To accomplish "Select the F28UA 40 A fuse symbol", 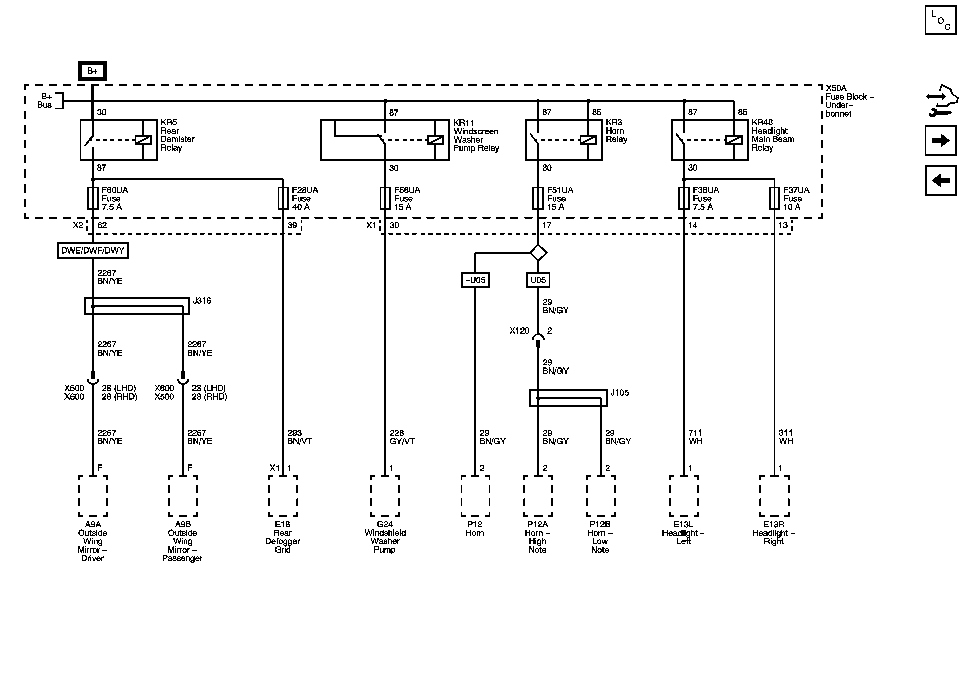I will [283, 198].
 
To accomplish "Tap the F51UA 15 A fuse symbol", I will [538, 198].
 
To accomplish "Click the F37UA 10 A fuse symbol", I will [774, 198].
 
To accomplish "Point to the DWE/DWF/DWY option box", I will [93, 251].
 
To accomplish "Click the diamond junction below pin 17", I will [538, 253].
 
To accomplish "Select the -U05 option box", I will [475, 280].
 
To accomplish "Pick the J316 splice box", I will [137, 306].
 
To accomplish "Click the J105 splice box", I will [568, 398].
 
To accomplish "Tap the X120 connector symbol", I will [538, 339].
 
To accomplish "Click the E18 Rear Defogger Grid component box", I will [283, 496].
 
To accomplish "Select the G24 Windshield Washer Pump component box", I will [385, 496].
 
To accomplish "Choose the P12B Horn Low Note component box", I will [600, 496].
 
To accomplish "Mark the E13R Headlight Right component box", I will [774, 496].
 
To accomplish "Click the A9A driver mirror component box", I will [93, 496].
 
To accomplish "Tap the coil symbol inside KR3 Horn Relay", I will [588, 140].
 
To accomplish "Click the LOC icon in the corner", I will [940, 20].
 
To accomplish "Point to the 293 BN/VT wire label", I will [299, 437].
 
